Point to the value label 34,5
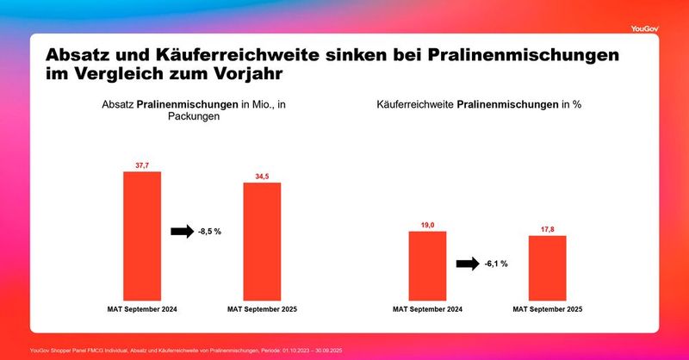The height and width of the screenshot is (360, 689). point(262,176)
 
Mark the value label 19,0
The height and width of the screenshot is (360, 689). point(427,224)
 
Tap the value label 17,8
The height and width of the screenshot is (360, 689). point(547,229)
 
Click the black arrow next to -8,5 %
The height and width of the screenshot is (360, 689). point(183,232)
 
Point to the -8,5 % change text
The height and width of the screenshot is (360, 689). point(210,232)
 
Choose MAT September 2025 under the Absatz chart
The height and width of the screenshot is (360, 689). point(262,308)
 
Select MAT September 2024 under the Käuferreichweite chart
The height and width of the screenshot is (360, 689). point(427,308)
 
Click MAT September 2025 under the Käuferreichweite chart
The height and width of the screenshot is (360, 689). point(547,308)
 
